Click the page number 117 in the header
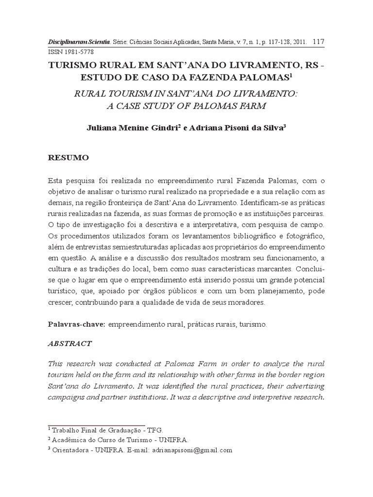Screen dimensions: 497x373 (319, 41)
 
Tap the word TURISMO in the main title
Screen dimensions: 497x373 (73, 66)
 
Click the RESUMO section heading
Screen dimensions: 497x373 (68, 158)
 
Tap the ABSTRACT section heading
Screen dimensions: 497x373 (70, 343)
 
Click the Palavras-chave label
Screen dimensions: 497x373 (76, 324)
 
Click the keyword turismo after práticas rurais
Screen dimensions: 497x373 (253, 324)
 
